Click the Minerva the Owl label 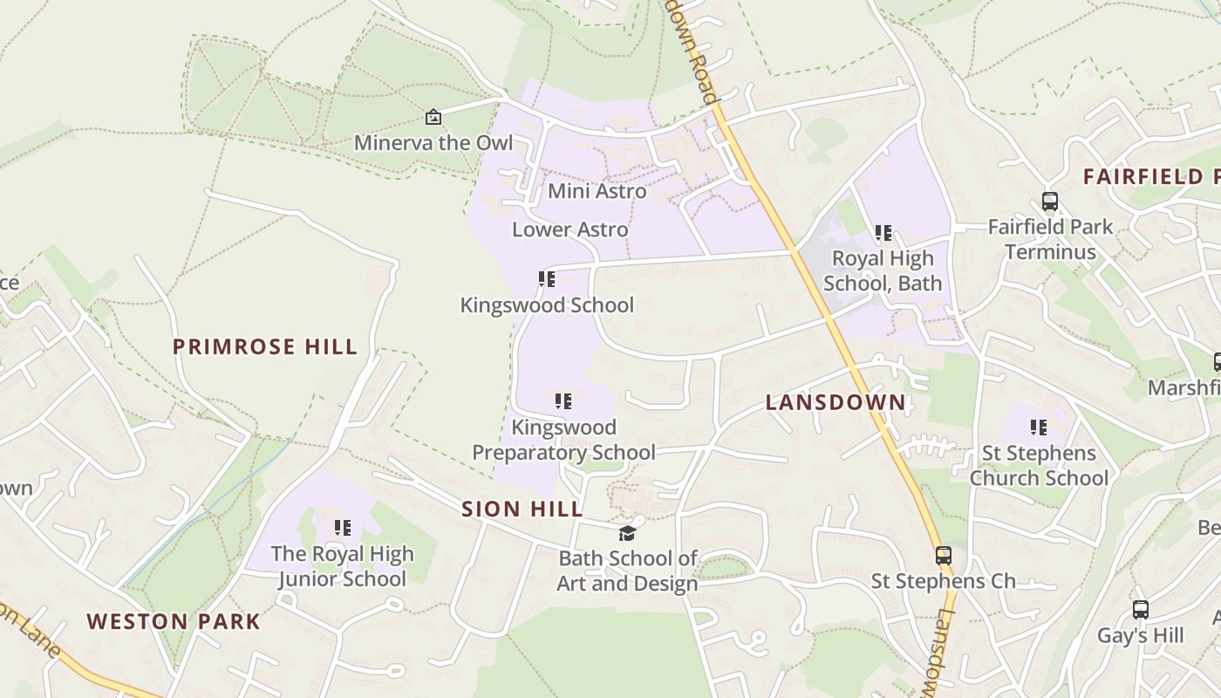coord(433,142)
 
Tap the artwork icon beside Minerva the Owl coord(433,117)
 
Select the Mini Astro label coord(597,191)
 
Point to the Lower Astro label coord(570,229)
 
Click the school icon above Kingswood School coord(547,279)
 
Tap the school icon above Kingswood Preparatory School coord(563,401)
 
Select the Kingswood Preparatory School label coord(563,440)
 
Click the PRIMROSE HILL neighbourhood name coord(265,346)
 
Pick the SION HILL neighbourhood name coord(522,510)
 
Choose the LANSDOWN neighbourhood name coord(836,402)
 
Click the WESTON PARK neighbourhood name coord(174,621)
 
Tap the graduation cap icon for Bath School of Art coord(627,533)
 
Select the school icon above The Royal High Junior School coord(343,528)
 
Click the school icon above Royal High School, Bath coord(883,233)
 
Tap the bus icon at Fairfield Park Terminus coord(1050,202)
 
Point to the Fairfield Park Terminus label coord(1050,240)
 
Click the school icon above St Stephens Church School coord(1039,428)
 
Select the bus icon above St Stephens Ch coord(943,555)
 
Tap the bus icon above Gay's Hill coord(1140,610)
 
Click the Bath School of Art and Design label coord(628,571)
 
